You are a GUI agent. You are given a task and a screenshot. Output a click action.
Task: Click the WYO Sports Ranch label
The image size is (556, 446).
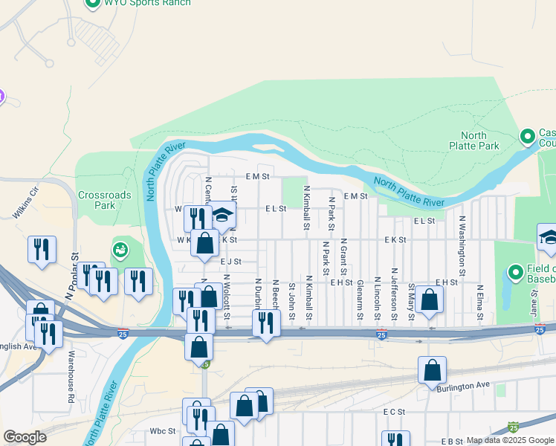pyautogui.click(x=147, y=3)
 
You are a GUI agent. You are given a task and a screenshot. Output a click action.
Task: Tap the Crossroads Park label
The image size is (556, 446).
pyautogui.click(x=105, y=200)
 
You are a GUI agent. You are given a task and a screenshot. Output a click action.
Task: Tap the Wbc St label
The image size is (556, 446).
pyautogui.click(x=162, y=430)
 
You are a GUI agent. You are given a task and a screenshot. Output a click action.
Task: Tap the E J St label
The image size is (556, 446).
pyautogui.click(x=230, y=262)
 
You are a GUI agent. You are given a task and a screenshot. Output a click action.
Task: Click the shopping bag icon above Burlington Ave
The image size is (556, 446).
pyautogui.click(x=432, y=369)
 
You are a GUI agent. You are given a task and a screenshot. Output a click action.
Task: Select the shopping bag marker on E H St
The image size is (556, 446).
pyautogui.click(x=430, y=299)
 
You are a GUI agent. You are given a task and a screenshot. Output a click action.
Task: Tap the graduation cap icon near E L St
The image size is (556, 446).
pyautogui.click(x=222, y=215)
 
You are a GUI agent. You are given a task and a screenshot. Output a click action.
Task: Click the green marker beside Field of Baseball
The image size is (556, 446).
pyautogui.click(x=514, y=272)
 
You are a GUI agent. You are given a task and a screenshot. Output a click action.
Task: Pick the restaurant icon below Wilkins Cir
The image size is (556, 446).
pyautogui.click(x=42, y=249)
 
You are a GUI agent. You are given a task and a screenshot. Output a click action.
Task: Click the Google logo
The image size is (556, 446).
pyautogui.click(x=25, y=437)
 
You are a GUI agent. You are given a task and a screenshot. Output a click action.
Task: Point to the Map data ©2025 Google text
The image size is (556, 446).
pyautogui.click(x=509, y=440)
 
